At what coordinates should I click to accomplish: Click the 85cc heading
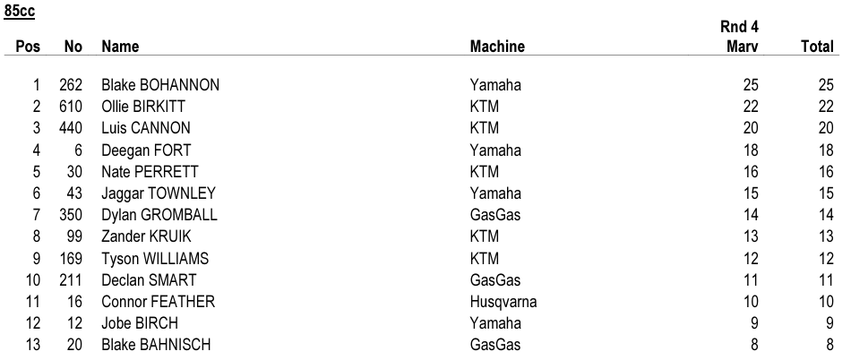[20, 11]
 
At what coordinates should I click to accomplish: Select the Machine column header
[497, 47]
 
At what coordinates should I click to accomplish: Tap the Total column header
[817, 47]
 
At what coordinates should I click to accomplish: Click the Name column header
[120, 47]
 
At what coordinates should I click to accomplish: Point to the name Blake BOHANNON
[160, 85]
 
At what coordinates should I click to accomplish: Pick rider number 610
[71, 107]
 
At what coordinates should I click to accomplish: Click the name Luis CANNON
[146, 128]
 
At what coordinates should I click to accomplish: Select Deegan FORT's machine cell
[495, 150]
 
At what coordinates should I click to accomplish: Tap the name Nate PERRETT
[150, 172]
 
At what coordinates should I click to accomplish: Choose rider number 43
[75, 193]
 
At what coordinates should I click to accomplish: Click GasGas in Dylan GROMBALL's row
[495, 215]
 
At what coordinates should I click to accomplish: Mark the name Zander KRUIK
[147, 237]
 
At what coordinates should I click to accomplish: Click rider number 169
[71, 259]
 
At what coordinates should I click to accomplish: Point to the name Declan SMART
[149, 280]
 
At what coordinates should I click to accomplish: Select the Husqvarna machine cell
[503, 302]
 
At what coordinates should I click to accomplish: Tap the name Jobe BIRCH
[140, 323]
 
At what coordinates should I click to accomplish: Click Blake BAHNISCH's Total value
[830, 346]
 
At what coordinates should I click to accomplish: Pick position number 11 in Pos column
[32, 302]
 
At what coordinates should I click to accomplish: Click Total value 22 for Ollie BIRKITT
[826, 107]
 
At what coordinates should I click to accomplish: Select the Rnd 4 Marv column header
[739, 37]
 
